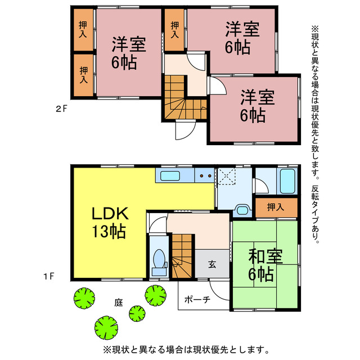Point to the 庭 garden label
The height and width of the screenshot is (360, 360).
[118, 303]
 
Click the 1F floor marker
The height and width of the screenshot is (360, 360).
[49, 276]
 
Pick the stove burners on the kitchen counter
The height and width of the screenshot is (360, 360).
[205, 176]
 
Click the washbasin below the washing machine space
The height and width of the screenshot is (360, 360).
[242, 210]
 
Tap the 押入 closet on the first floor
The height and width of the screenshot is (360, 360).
[276, 207]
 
